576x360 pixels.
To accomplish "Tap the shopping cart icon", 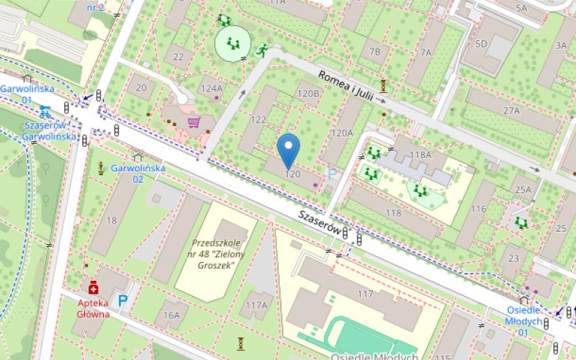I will [x=194, y=122].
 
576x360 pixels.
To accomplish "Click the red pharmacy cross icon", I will [x=93, y=289].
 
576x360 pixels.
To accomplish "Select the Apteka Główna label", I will [x=94, y=308].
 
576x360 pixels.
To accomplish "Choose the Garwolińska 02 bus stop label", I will [x=138, y=173].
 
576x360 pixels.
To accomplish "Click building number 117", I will [x=366, y=293].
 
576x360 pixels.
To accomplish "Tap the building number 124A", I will [x=212, y=89].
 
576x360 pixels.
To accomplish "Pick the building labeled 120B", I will [x=308, y=93].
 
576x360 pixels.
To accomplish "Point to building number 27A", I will [x=511, y=110].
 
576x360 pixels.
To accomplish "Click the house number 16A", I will [x=171, y=315].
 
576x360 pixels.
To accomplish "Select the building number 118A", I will [x=420, y=154].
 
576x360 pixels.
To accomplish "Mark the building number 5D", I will [x=481, y=44].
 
